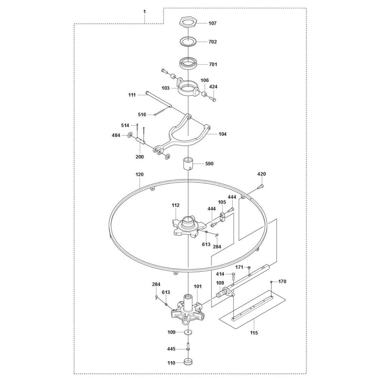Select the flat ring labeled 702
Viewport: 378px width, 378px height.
click(x=188, y=41)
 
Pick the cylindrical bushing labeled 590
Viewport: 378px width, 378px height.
click(x=188, y=164)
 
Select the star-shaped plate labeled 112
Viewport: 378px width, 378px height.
click(x=188, y=226)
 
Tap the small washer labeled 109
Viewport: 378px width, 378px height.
click(x=188, y=332)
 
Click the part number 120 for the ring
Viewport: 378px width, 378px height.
click(x=139, y=174)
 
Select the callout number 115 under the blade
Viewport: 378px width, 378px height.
click(x=254, y=333)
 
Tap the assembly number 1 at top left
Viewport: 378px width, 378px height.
click(x=144, y=12)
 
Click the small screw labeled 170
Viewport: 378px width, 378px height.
click(x=271, y=282)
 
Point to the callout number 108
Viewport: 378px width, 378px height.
click(x=220, y=283)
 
